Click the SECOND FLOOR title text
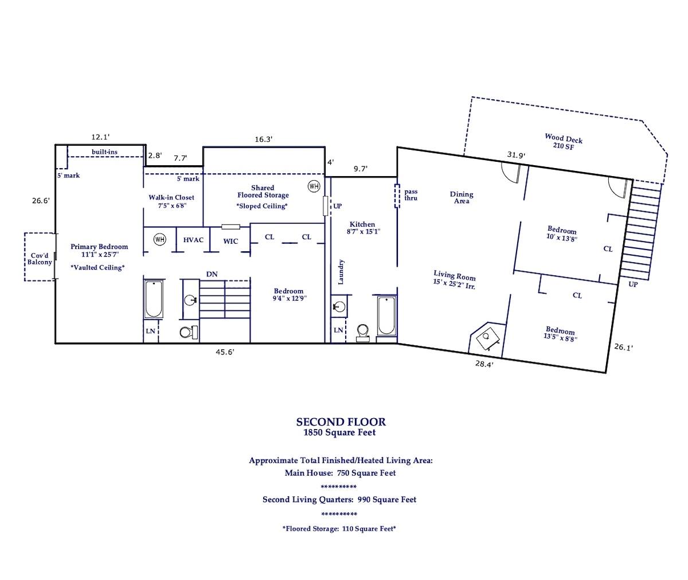pyautogui.click(x=341, y=422)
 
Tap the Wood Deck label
pyautogui.click(x=564, y=142)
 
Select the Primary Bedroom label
pyautogui.click(x=99, y=250)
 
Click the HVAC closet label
pyautogui.click(x=193, y=240)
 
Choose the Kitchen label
pyautogui.click(x=362, y=228)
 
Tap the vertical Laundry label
pyautogui.click(x=341, y=272)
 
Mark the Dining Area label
pyautogui.click(x=461, y=197)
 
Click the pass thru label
pyautogui.click(x=411, y=194)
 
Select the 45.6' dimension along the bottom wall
pyautogui.click(x=224, y=352)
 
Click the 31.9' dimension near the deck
pyautogui.click(x=516, y=154)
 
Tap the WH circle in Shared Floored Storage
pyautogui.click(x=314, y=186)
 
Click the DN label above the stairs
pyautogui.click(x=212, y=275)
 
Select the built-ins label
pyautogui.click(x=105, y=151)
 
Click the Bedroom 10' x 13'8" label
pyautogui.click(x=562, y=234)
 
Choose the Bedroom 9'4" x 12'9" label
pyautogui.click(x=288, y=294)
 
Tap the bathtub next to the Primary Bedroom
pyautogui.click(x=153, y=299)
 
